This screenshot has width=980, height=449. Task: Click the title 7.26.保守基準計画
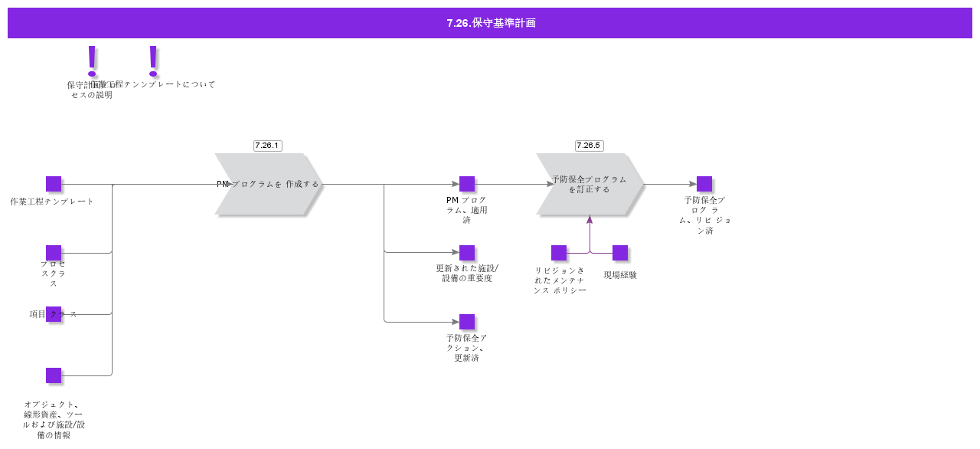coord(491,23)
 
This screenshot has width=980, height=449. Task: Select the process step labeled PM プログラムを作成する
coord(268,184)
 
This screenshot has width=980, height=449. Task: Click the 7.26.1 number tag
coord(268,146)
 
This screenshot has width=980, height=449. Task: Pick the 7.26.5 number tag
coord(590,146)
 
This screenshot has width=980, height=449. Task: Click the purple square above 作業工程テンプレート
coord(54,184)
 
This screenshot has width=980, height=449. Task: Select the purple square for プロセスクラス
coord(54,253)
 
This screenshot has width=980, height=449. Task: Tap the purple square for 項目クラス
coord(54,314)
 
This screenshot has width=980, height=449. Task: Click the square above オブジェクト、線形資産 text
coord(54,375)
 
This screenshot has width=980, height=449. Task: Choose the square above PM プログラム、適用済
coord(467,184)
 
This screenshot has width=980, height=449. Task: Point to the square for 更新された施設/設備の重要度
coord(467,253)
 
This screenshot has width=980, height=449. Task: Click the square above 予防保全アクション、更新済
coord(467,322)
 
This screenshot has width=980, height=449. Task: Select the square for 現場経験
coord(620,253)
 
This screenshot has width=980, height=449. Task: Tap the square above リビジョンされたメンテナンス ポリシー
coord(559,253)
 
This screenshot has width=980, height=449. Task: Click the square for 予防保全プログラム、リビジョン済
coord(704,184)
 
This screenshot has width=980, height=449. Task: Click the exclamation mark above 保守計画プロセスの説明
coord(93,61)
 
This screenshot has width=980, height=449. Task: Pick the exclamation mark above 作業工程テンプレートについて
coord(153,61)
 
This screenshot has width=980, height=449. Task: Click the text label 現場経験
coord(620,275)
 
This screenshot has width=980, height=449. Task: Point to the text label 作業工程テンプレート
coord(52,202)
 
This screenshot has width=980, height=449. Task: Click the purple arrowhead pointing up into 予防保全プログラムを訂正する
coord(590,220)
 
